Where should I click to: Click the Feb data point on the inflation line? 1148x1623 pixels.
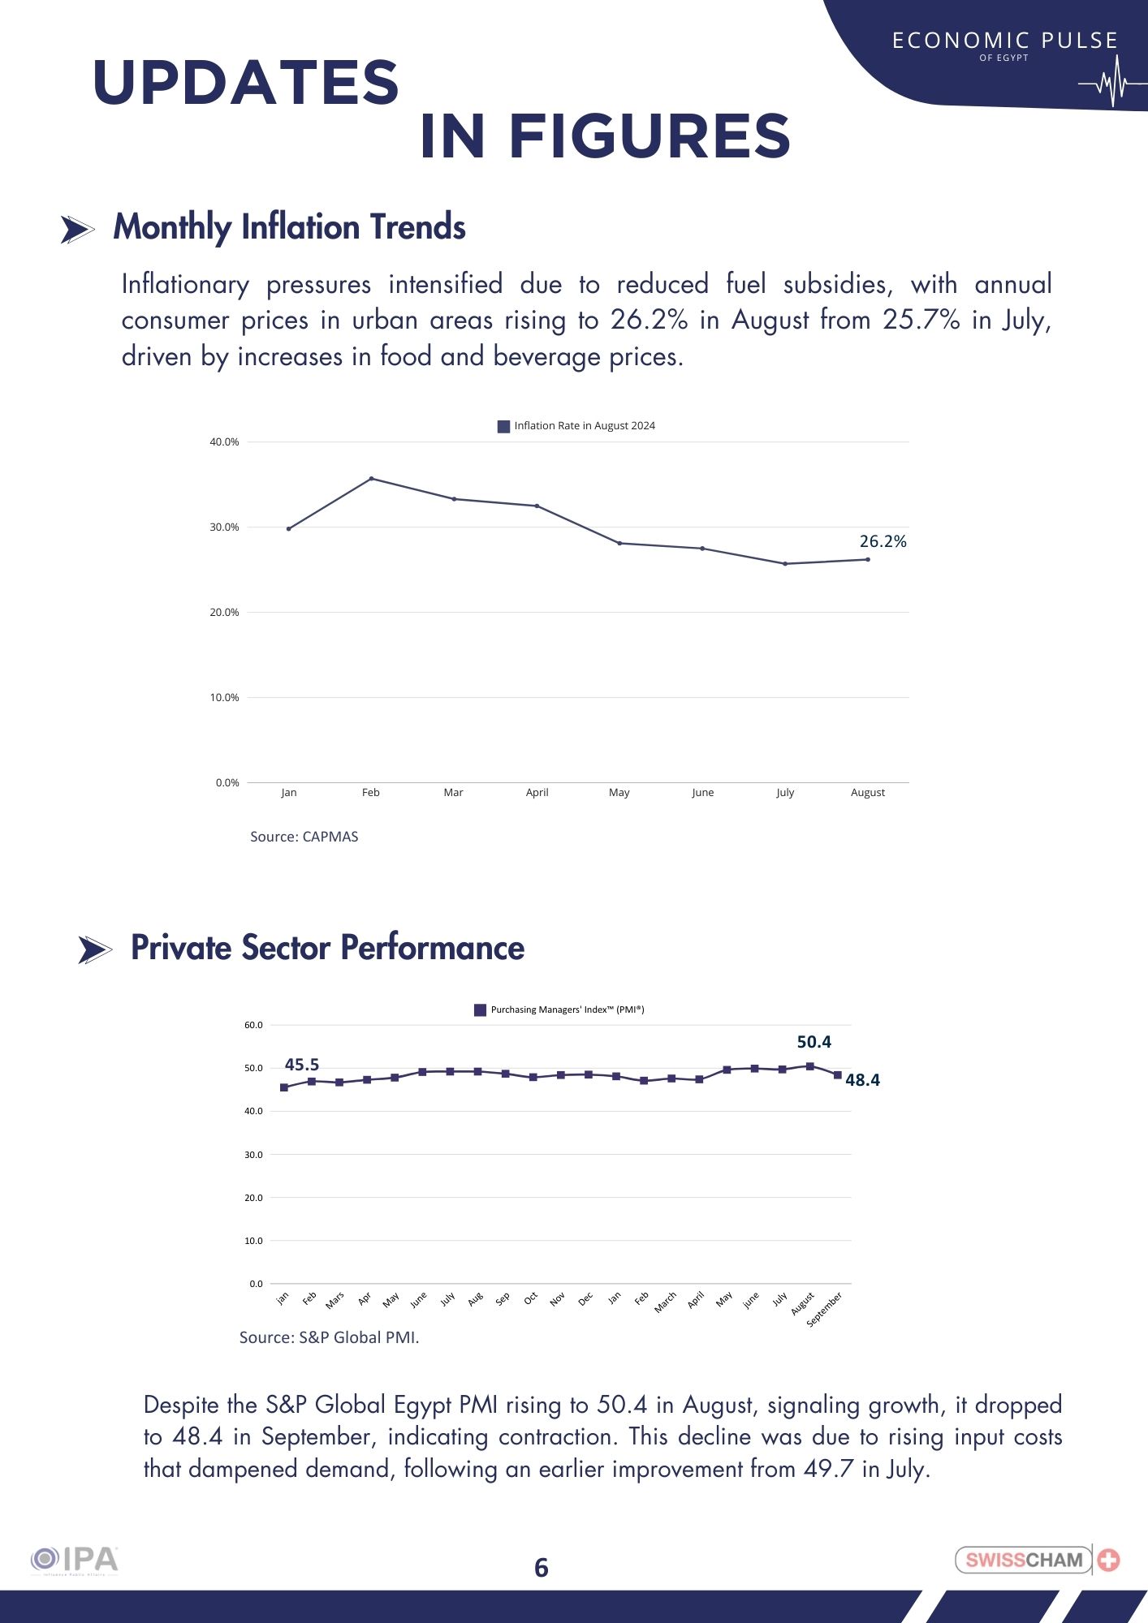coord(371,479)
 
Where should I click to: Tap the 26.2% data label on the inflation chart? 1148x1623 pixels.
coord(883,541)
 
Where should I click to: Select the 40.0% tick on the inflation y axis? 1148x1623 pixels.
coord(225,442)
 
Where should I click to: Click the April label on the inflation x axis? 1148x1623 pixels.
coord(537,793)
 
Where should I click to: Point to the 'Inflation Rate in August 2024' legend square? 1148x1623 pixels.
coord(503,427)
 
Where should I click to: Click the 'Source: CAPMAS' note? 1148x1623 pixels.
coord(304,837)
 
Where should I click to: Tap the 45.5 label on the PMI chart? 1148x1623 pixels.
coord(302,1065)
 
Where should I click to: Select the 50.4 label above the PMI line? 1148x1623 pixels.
coord(814,1042)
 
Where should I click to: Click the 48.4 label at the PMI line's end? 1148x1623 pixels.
coord(862,1080)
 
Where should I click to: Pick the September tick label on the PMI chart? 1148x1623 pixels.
coord(825,1309)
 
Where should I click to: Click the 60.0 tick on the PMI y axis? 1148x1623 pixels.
coord(253,1026)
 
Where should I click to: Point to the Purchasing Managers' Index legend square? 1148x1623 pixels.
coord(480,1010)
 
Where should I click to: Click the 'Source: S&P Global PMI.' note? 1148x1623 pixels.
coord(329,1337)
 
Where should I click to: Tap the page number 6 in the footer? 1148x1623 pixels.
coord(542,1568)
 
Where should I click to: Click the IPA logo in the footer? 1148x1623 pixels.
coord(75,1561)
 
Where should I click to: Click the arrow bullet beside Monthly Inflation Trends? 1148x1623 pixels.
coord(77,230)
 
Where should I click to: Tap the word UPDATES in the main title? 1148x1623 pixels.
coord(246,83)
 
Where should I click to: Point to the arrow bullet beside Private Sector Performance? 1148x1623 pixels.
coord(95,949)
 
